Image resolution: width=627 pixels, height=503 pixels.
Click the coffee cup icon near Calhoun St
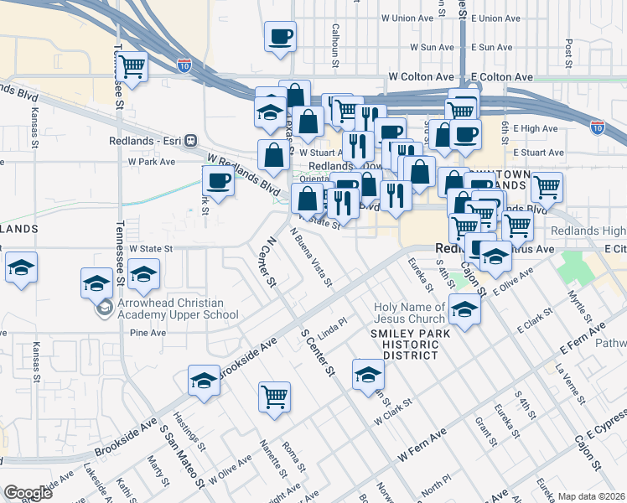280,37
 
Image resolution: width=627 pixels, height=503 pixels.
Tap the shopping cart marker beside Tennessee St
131,66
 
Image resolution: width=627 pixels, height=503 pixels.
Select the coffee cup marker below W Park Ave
218,181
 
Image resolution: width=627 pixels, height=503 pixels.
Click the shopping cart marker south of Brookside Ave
274,397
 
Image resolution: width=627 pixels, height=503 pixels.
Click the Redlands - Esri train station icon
190,141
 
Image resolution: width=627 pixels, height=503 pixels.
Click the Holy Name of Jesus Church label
410,313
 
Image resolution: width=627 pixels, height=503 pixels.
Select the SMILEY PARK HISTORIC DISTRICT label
411,344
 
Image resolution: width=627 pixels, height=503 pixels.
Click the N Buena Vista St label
311,257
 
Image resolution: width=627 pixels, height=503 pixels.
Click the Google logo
28,493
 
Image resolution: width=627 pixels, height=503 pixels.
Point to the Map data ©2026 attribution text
592,496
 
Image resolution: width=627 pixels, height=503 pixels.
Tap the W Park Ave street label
151,161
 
